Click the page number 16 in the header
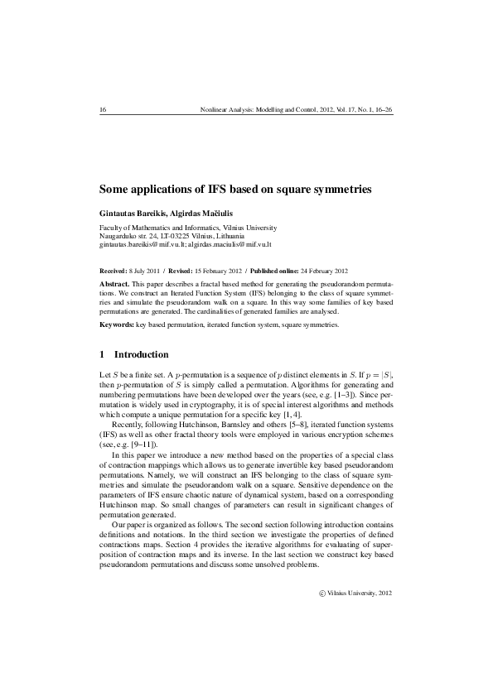[x=103, y=109]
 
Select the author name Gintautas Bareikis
[x=131, y=213]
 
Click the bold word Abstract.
[x=114, y=283]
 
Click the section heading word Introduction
[x=141, y=354]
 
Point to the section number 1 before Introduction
[x=102, y=354]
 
